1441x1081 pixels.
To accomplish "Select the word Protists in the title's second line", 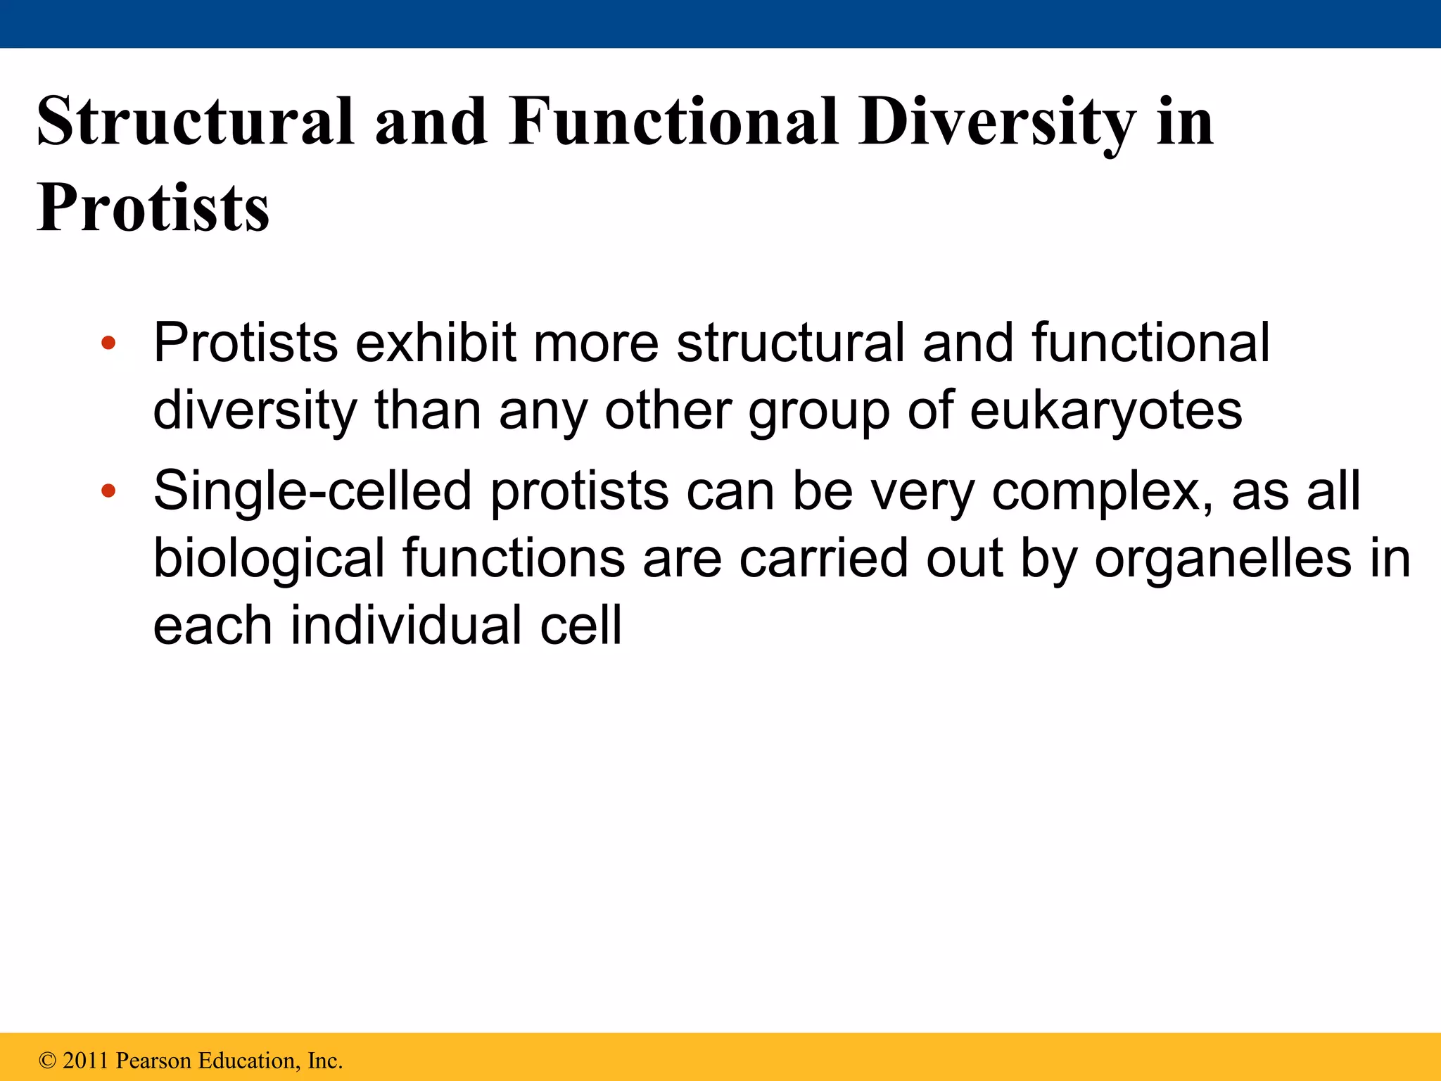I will click(153, 208).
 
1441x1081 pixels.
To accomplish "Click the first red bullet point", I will click(108, 343).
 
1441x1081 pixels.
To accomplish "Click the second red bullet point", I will click(108, 491).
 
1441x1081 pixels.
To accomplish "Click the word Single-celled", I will click(312, 491).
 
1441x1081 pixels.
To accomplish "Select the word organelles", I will click(1223, 560).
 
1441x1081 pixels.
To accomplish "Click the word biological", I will click(268, 560).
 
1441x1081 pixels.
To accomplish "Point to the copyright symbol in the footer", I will click(47, 1061).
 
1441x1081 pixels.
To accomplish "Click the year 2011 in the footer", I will click(87, 1061).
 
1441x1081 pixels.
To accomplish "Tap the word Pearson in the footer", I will click(153, 1061).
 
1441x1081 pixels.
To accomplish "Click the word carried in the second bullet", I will click(823, 560).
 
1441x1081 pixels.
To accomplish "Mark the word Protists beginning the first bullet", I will click(246, 343).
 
